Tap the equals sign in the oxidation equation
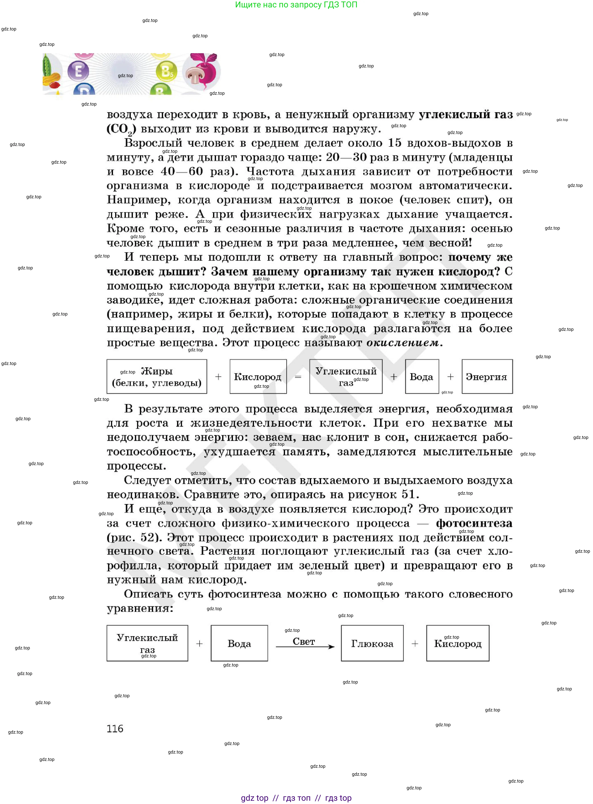coord(298,377)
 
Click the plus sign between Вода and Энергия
coord(450,377)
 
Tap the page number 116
coord(115,729)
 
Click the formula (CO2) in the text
coord(121,129)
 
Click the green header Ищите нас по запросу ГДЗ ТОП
coord(296,5)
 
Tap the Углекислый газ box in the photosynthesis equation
coord(147,643)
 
